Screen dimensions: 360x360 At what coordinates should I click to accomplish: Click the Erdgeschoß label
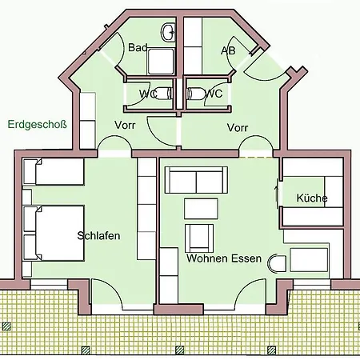pos(37,125)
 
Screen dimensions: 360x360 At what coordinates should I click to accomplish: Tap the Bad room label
pos(138,47)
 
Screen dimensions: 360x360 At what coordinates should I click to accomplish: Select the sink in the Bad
pos(168,32)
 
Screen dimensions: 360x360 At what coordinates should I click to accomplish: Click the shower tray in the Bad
pos(161,62)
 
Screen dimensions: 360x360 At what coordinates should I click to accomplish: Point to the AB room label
pos(228,50)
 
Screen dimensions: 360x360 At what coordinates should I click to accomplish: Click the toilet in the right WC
pos(194,94)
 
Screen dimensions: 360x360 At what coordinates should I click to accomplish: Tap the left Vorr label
pos(125,125)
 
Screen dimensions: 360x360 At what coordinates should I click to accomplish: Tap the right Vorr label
pos(238,128)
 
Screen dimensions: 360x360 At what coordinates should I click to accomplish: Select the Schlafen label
pos(98,236)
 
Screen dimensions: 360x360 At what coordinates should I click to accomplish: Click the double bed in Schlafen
pos(54,233)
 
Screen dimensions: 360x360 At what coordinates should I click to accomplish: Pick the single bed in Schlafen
pos(54,171)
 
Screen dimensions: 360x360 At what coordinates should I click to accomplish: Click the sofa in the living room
pos(196,180)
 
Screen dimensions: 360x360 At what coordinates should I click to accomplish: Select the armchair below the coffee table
pos(199,238)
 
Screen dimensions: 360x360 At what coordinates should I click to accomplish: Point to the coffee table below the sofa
pos(201,209)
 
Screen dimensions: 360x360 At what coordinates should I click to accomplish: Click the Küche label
pos(312,198)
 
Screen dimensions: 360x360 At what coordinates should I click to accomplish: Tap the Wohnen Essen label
pos(224,258)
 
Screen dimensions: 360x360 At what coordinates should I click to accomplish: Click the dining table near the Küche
pos(309,260)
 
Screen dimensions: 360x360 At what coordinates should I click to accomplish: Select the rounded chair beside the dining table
pos(277,263)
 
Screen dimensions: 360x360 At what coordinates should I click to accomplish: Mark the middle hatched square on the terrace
pos(180,350)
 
